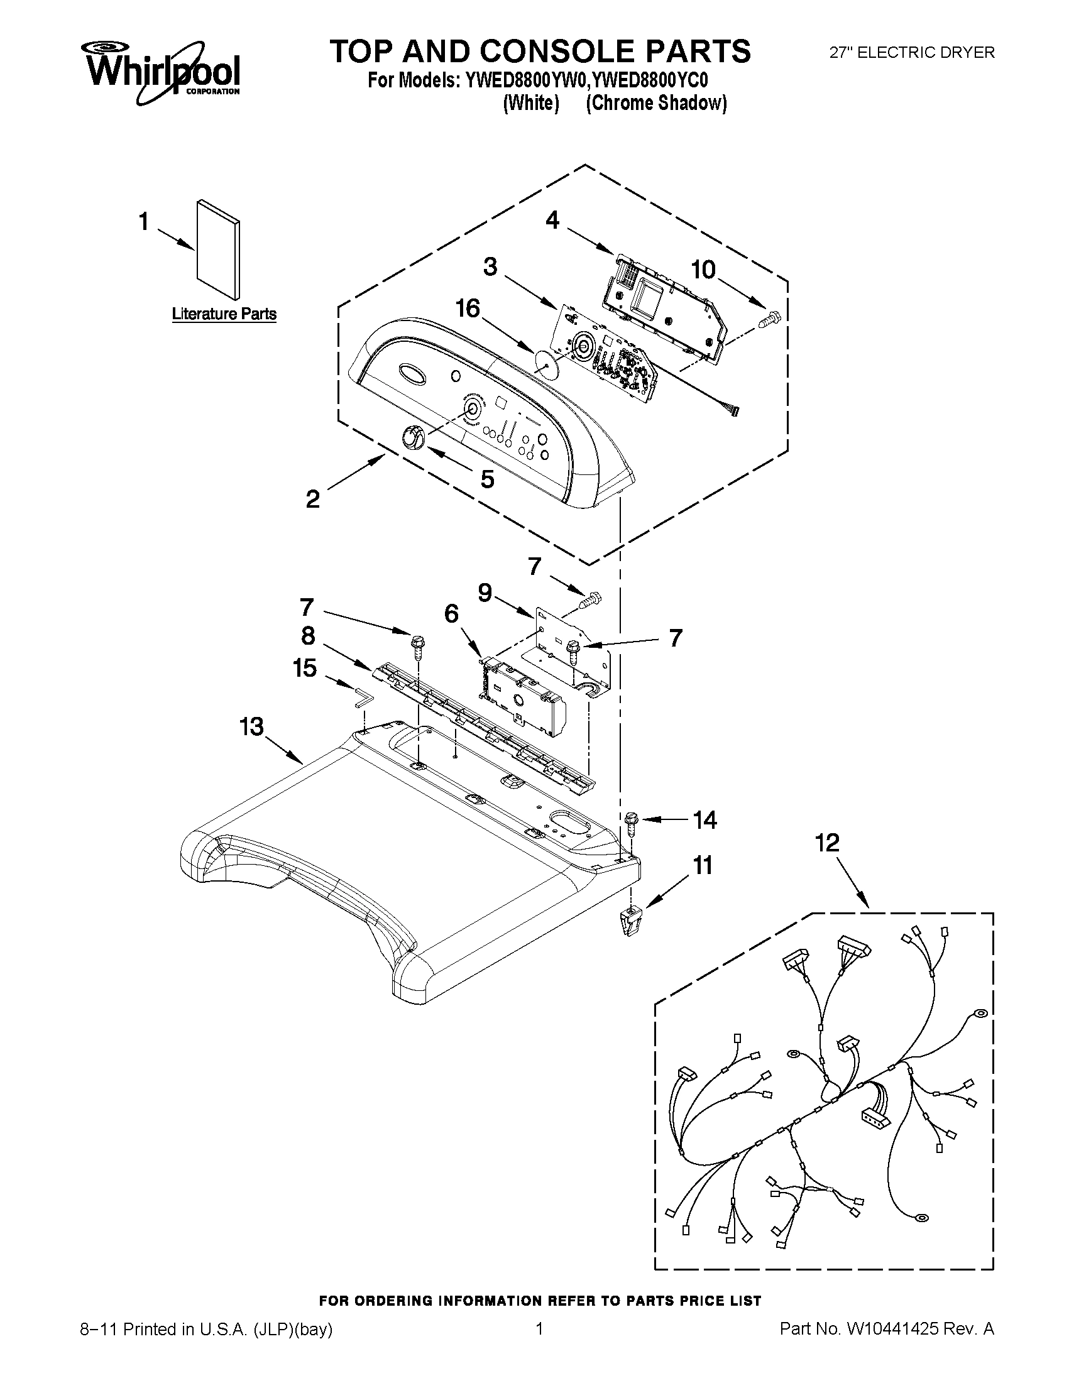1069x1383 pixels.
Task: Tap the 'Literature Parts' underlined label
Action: click(224, 314)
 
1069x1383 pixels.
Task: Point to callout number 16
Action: click(468, 309)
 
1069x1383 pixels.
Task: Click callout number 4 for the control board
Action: click(552, 221)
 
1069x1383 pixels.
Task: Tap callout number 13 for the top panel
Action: click(251, 726)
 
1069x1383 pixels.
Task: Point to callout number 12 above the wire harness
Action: click(827, 842)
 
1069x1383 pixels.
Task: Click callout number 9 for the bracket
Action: click(485, 593)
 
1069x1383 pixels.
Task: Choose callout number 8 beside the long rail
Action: click(308, 635)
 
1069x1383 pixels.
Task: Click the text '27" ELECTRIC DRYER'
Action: click(912, 53)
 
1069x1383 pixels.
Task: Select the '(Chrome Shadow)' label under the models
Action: click(656, 103)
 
